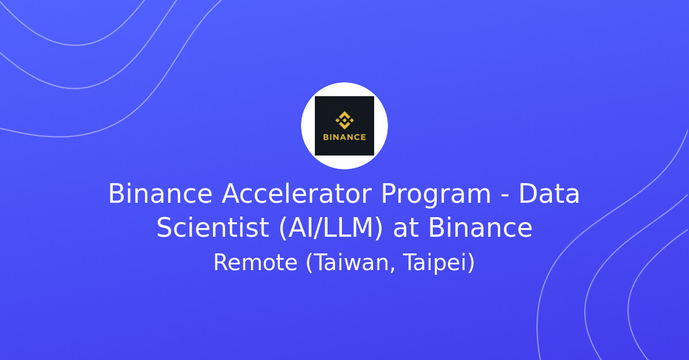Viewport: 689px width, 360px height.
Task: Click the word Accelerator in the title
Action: (x=296, y=194)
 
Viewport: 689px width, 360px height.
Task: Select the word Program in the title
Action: (x=436, y=194)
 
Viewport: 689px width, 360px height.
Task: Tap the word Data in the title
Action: (x=549, y=194)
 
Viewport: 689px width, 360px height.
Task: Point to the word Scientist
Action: (x=212, y=228)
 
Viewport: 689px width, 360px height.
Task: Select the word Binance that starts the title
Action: (x=160, y=194)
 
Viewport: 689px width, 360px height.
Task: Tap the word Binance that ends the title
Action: (x=480, y=228)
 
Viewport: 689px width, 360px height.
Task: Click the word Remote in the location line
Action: (x=255, y=263)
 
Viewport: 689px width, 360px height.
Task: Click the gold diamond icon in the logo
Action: (x=344, y=120)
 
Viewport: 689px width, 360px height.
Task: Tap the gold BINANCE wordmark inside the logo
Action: (x=344, y=137)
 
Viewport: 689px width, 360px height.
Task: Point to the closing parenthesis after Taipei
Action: (x=471, y=263)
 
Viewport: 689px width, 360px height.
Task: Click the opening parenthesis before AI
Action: (x=283, y=228)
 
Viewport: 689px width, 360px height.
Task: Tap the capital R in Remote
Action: (x=219, y=263)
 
